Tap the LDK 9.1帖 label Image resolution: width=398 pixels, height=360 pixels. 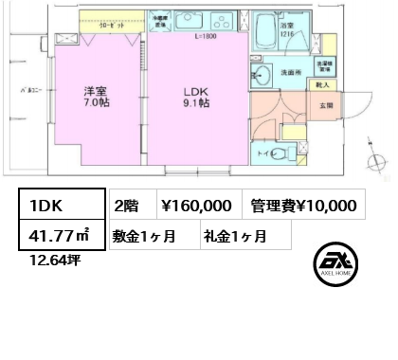196,99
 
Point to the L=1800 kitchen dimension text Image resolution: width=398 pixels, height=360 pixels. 206,36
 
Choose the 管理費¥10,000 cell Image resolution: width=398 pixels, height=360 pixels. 303,204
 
